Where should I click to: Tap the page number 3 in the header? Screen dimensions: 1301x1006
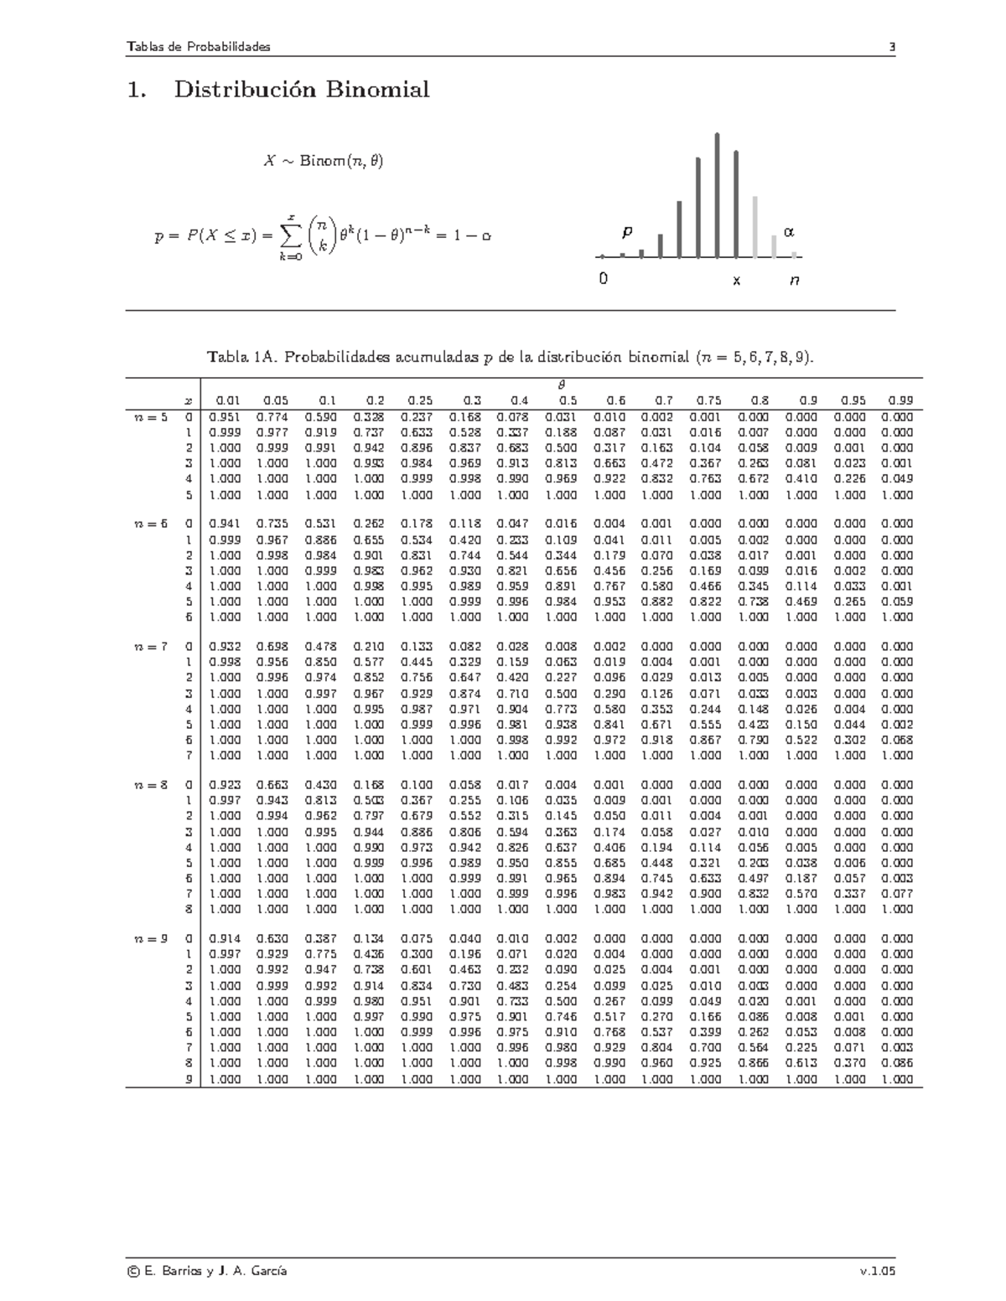893,47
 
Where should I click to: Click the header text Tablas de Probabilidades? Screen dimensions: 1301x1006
198,47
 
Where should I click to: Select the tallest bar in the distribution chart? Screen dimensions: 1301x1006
718,194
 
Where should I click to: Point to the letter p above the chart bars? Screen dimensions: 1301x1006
626,230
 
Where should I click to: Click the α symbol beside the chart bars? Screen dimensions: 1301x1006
788,230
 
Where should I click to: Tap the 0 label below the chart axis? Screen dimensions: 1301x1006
603,280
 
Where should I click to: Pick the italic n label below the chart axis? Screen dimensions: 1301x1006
793,281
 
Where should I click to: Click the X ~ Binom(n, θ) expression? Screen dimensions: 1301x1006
323,161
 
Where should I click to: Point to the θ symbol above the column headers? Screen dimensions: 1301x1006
562,385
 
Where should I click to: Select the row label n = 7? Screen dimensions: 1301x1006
151,647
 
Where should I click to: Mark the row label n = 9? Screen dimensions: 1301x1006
151,939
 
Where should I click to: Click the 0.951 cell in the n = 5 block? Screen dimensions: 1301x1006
224,417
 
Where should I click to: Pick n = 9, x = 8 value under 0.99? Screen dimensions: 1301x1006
897,1063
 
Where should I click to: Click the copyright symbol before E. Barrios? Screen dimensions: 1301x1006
132,1271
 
